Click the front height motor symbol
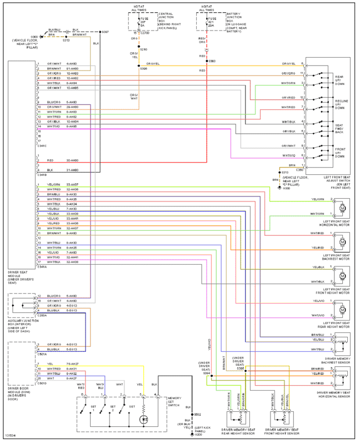click(x=342, y=275)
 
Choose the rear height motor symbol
click(x=342, y=309)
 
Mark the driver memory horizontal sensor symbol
click(x=342, y=376)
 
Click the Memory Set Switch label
click(x=174, y=402)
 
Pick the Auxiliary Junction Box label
click(x=21, y=328)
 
